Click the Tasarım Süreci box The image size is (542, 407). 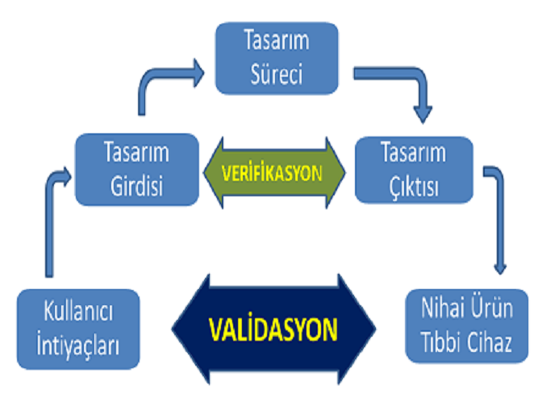tap(277, 58)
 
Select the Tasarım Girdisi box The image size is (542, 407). tap(137, 170)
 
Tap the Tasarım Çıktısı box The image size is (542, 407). tap(414, 170)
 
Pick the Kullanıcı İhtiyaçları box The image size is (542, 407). tap(78, 329)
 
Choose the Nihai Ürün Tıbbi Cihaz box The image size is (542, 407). tap(467, 326)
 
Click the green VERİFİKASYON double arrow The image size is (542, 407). tap(274, 173)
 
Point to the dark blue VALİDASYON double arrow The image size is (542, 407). tap(273, 329)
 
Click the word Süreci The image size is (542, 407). tap(277, 74)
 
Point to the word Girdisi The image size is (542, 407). tap(137, 187)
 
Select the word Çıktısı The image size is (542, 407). tap(414, 187)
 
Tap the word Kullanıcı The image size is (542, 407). tap(78, 311)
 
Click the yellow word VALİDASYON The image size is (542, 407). tap(273, 329)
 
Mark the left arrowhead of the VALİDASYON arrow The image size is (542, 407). tap(191, 329)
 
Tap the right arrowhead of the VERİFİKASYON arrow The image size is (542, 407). tap(336, 173)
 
